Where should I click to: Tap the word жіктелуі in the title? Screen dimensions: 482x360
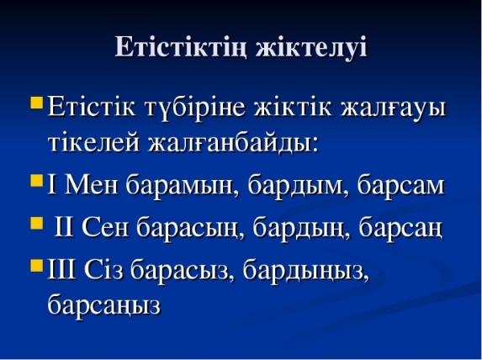(311, 47)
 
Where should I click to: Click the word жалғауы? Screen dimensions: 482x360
(394, 109)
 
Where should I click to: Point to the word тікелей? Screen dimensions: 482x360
(94, 142)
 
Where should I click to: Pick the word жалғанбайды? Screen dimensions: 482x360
(233, 143)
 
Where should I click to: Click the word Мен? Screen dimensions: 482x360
(92, 185)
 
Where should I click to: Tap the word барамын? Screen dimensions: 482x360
(183, 186)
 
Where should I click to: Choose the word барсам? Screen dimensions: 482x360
(401, 185)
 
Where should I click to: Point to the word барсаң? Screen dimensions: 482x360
(401, 230)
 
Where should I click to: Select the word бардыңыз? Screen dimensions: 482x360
(306, 271)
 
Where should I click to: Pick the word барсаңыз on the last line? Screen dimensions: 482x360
(104, 305)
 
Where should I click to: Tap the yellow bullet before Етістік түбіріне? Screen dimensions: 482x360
(36, 103)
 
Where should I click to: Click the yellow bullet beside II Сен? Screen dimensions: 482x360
(36, 224)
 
